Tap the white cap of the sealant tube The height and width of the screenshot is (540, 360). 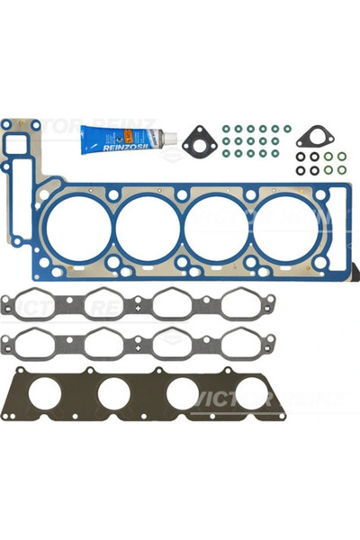[167, 138]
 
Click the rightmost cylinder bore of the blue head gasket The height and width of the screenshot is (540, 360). [283, 226]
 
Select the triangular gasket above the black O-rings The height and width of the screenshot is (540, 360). [313, 138]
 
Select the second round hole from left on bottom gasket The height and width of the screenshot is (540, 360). [115, 393]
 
